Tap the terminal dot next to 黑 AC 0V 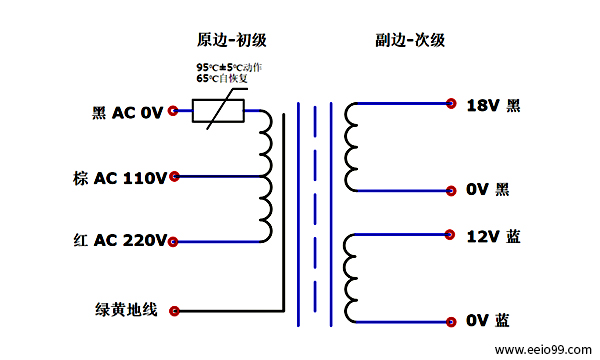[174, 112]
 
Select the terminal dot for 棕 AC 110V [174, 177]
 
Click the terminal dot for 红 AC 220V [174, 241]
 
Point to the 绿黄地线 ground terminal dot [174, 310]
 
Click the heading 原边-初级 [231, 40]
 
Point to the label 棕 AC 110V [119, 178]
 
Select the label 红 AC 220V [119, 241]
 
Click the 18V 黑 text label [493, 105]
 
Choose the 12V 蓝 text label [493, 237]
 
